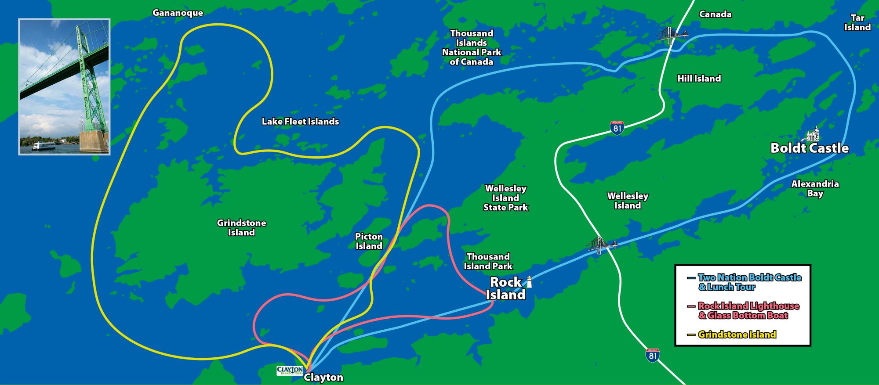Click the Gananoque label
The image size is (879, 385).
coord(178,13)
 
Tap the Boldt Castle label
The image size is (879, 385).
coord(809,148)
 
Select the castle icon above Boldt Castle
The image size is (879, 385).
coord(813,133)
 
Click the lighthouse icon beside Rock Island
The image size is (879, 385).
coord(529,282)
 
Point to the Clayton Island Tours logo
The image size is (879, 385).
coord(290,371)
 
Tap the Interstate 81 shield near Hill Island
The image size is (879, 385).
coord(617,128)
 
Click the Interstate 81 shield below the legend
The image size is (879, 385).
coord(653,355)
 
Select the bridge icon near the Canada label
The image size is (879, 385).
coord(671,35)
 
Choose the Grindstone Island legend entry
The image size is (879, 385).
coord(737,335)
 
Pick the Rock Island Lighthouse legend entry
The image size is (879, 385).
coord(748,310)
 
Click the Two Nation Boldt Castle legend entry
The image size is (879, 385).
coord(749,282)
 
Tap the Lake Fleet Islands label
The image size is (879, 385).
coord(300,121)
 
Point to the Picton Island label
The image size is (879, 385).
coord(369,241)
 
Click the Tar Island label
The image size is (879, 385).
coord(857,22)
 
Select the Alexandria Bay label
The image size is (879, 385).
coord(815,188)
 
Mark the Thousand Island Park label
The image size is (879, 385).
coord(488,261)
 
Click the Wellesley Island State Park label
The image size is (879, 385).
coord(505,198)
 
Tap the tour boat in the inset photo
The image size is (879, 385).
coord(43,146)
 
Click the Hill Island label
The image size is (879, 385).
coord(699,79)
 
